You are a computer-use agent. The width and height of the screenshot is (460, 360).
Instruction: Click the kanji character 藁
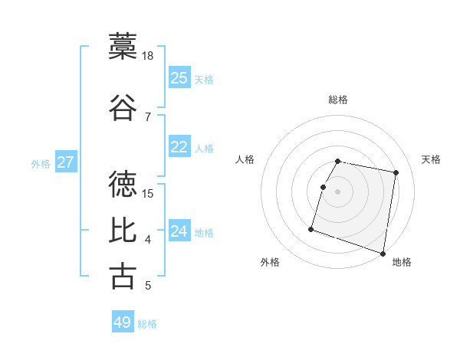pos(123,46)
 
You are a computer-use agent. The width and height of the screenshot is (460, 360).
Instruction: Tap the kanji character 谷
pos(123,107)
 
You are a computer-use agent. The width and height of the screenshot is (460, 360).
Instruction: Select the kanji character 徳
pos(123,184)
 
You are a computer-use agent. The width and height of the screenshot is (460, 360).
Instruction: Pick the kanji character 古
pos(123,276)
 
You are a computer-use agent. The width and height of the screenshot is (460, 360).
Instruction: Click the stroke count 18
pos(148,55)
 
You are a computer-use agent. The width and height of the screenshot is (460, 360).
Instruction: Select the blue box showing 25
pos(179,77)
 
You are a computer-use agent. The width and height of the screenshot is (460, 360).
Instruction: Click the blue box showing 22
pos(179,147)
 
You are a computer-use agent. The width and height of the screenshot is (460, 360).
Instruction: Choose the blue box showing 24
pos(179,231)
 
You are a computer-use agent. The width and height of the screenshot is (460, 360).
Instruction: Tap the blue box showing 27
pos(65,162)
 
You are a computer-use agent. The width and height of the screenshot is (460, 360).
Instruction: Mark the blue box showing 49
pos(122,322)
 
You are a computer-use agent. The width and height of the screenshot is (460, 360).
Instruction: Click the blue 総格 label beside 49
pos(147,324)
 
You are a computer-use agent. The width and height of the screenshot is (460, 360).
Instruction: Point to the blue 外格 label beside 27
pos(41,164)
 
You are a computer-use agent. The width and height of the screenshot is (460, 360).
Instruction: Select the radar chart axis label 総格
pos(337,100)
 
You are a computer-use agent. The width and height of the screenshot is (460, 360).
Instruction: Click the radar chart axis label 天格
pos(432,159)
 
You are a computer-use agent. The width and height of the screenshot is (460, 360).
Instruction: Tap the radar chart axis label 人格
pos(245,159)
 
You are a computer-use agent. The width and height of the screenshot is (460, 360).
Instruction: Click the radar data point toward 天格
pos(396,173)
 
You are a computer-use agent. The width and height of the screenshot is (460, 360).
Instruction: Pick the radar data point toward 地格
pos(383,253)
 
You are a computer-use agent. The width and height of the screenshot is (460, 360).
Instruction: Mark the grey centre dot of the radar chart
pos(337,191)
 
